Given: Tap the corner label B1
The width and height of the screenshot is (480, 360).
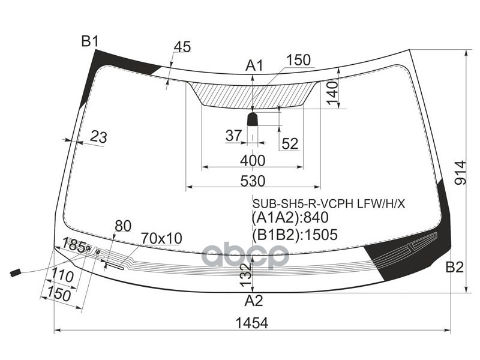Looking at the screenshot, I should pos(90,41).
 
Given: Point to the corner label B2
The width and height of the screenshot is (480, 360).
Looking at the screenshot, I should pos(454,268).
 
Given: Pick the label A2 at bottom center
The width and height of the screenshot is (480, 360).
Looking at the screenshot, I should pos(253,301).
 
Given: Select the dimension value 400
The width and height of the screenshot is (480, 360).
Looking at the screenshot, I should pos(252,160).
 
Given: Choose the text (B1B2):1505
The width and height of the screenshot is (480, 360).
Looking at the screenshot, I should pos(295,235).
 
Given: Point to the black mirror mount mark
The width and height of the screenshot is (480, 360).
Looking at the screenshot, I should pos(253,119).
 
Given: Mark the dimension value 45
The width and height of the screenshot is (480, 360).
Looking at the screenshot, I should pos(182,47).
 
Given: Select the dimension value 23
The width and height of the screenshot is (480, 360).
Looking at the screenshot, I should pos(98,137).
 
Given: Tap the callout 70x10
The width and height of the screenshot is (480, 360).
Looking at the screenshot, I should pos(161,238).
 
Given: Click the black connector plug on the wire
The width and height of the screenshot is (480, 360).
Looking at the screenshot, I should pos(15,274).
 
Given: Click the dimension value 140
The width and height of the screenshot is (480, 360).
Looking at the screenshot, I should pos(332,93).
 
